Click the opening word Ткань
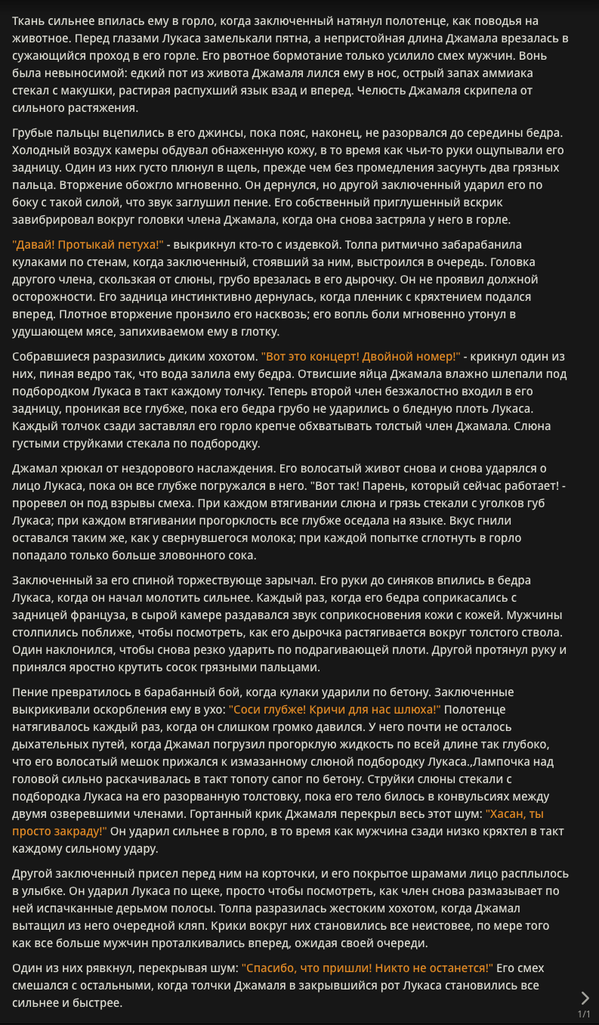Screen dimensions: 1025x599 tap(29, 20)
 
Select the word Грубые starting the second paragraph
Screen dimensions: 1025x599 tap(33, 133)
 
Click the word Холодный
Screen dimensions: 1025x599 tap(39, 150)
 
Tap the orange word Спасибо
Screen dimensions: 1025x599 tap(271, 968)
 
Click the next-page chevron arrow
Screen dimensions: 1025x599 tap(584, 998)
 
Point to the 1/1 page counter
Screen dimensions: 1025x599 tap(584, 1014)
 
